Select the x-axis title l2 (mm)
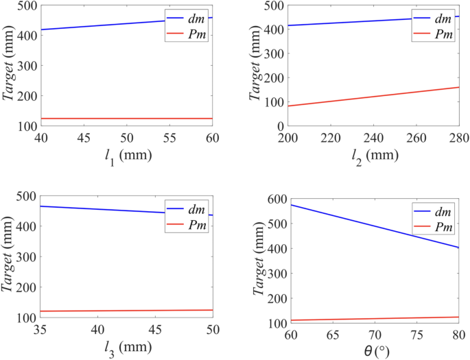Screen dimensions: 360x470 [x=373, y=155]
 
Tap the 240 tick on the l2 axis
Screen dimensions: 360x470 [x=373, y=139]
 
